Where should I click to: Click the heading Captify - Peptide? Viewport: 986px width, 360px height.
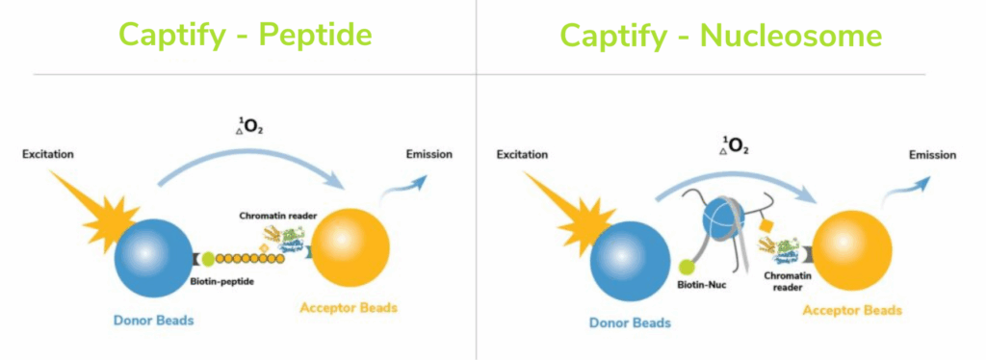click(x=246, y=36)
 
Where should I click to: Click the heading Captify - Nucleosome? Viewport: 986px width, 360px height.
click(x=720, y=36)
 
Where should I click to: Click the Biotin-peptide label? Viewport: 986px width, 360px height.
click(x=222, y=281)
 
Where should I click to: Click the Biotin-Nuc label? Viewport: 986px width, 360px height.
click(x=700, y=286)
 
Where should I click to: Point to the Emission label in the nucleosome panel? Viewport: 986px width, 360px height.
click(x=933, y=155)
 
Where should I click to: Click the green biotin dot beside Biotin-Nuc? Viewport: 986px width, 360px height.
click(x=688, y=267)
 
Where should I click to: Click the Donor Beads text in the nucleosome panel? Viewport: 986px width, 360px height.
click(x=630, y=322)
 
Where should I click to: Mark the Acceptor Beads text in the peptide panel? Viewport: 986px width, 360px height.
click(x=349, y=308)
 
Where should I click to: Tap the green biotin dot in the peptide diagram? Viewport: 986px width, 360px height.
click(x=208, y=258)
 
